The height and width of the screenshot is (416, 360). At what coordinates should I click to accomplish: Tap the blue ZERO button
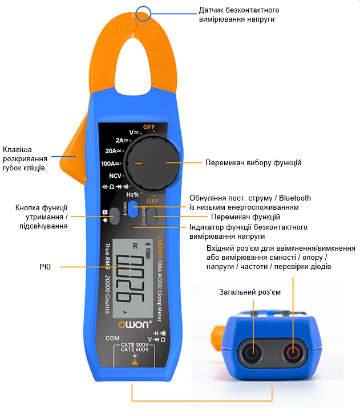(x=132, y=206)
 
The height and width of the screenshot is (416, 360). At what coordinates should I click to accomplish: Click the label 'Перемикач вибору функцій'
(x=253, y=163)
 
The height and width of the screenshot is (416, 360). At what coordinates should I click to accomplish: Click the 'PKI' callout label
(x=44, y=266)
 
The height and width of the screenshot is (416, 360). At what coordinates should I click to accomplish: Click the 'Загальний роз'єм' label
(x=250, y=292)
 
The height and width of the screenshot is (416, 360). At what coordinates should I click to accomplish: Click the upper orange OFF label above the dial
(x=149, y=127)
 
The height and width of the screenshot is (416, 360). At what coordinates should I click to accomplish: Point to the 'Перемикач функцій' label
(x=245, y=217)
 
